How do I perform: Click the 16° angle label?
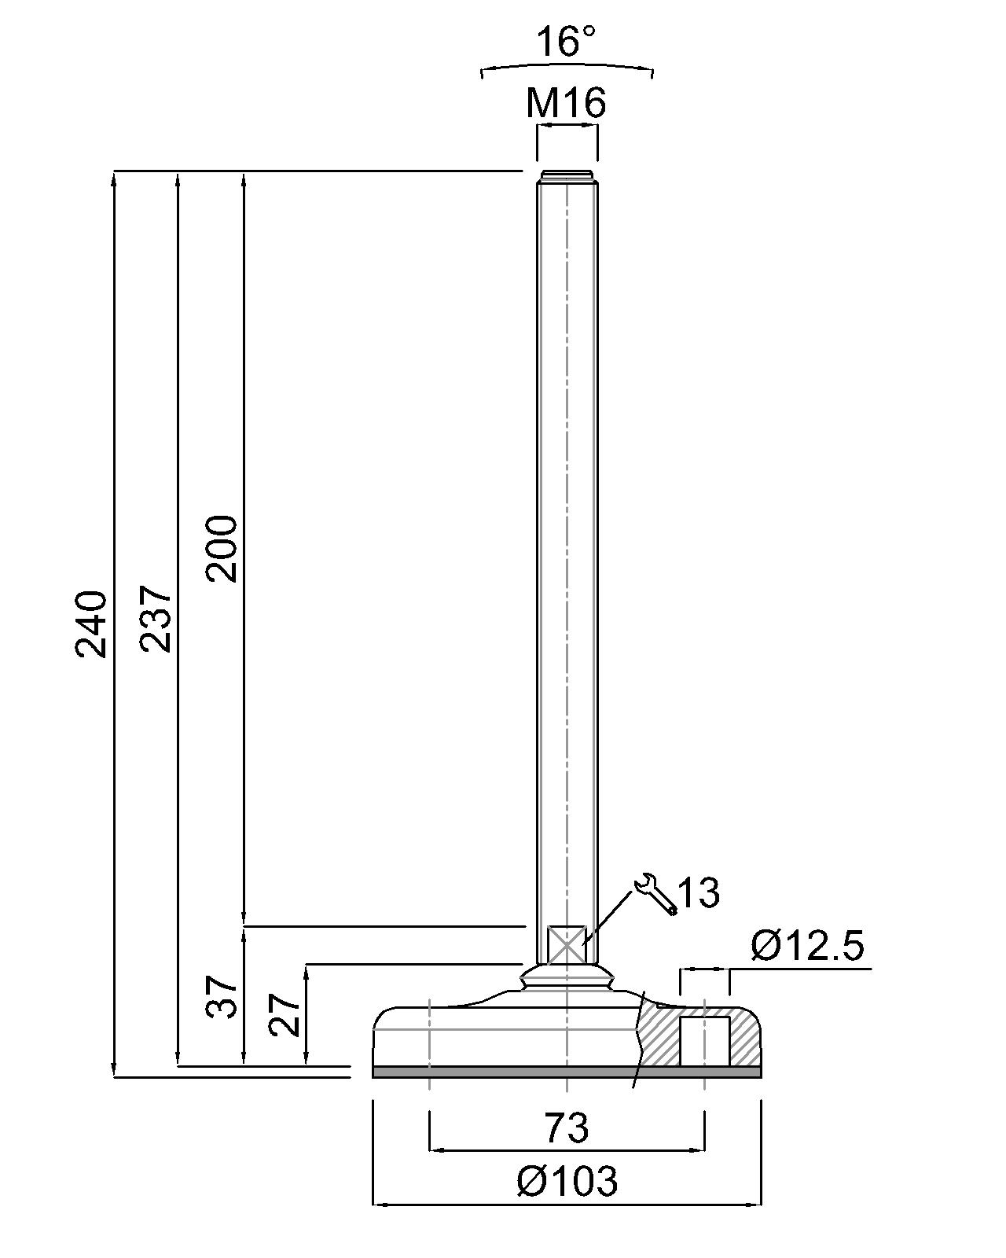click(x=566, y=42)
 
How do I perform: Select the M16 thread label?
click(x=566, y=103)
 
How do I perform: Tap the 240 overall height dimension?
click(x=91, y=624)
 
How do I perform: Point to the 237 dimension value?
click(x=156, y=618)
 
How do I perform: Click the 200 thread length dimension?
click(x=222, y=548)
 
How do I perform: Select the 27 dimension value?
click(x=284, y=1015)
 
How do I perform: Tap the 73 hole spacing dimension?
click(x=567, y=1127)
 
